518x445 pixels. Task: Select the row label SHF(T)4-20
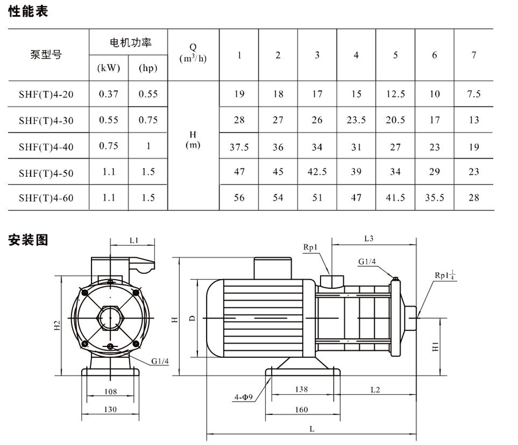46,94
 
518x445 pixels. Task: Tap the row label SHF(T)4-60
46,198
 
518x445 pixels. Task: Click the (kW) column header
109,69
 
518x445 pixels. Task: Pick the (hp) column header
148,69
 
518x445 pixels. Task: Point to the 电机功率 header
128,43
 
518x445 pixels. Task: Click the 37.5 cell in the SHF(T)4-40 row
239,147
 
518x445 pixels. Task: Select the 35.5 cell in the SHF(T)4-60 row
435,198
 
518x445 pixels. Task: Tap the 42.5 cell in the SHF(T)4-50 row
317,172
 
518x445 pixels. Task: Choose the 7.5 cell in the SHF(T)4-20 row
473,94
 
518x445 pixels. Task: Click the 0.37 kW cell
109,94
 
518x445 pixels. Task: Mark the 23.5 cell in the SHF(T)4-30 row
356,120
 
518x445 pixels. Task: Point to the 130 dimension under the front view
111,409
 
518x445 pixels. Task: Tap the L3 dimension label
370,238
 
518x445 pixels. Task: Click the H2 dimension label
57,325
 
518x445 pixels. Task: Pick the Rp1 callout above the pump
310,247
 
